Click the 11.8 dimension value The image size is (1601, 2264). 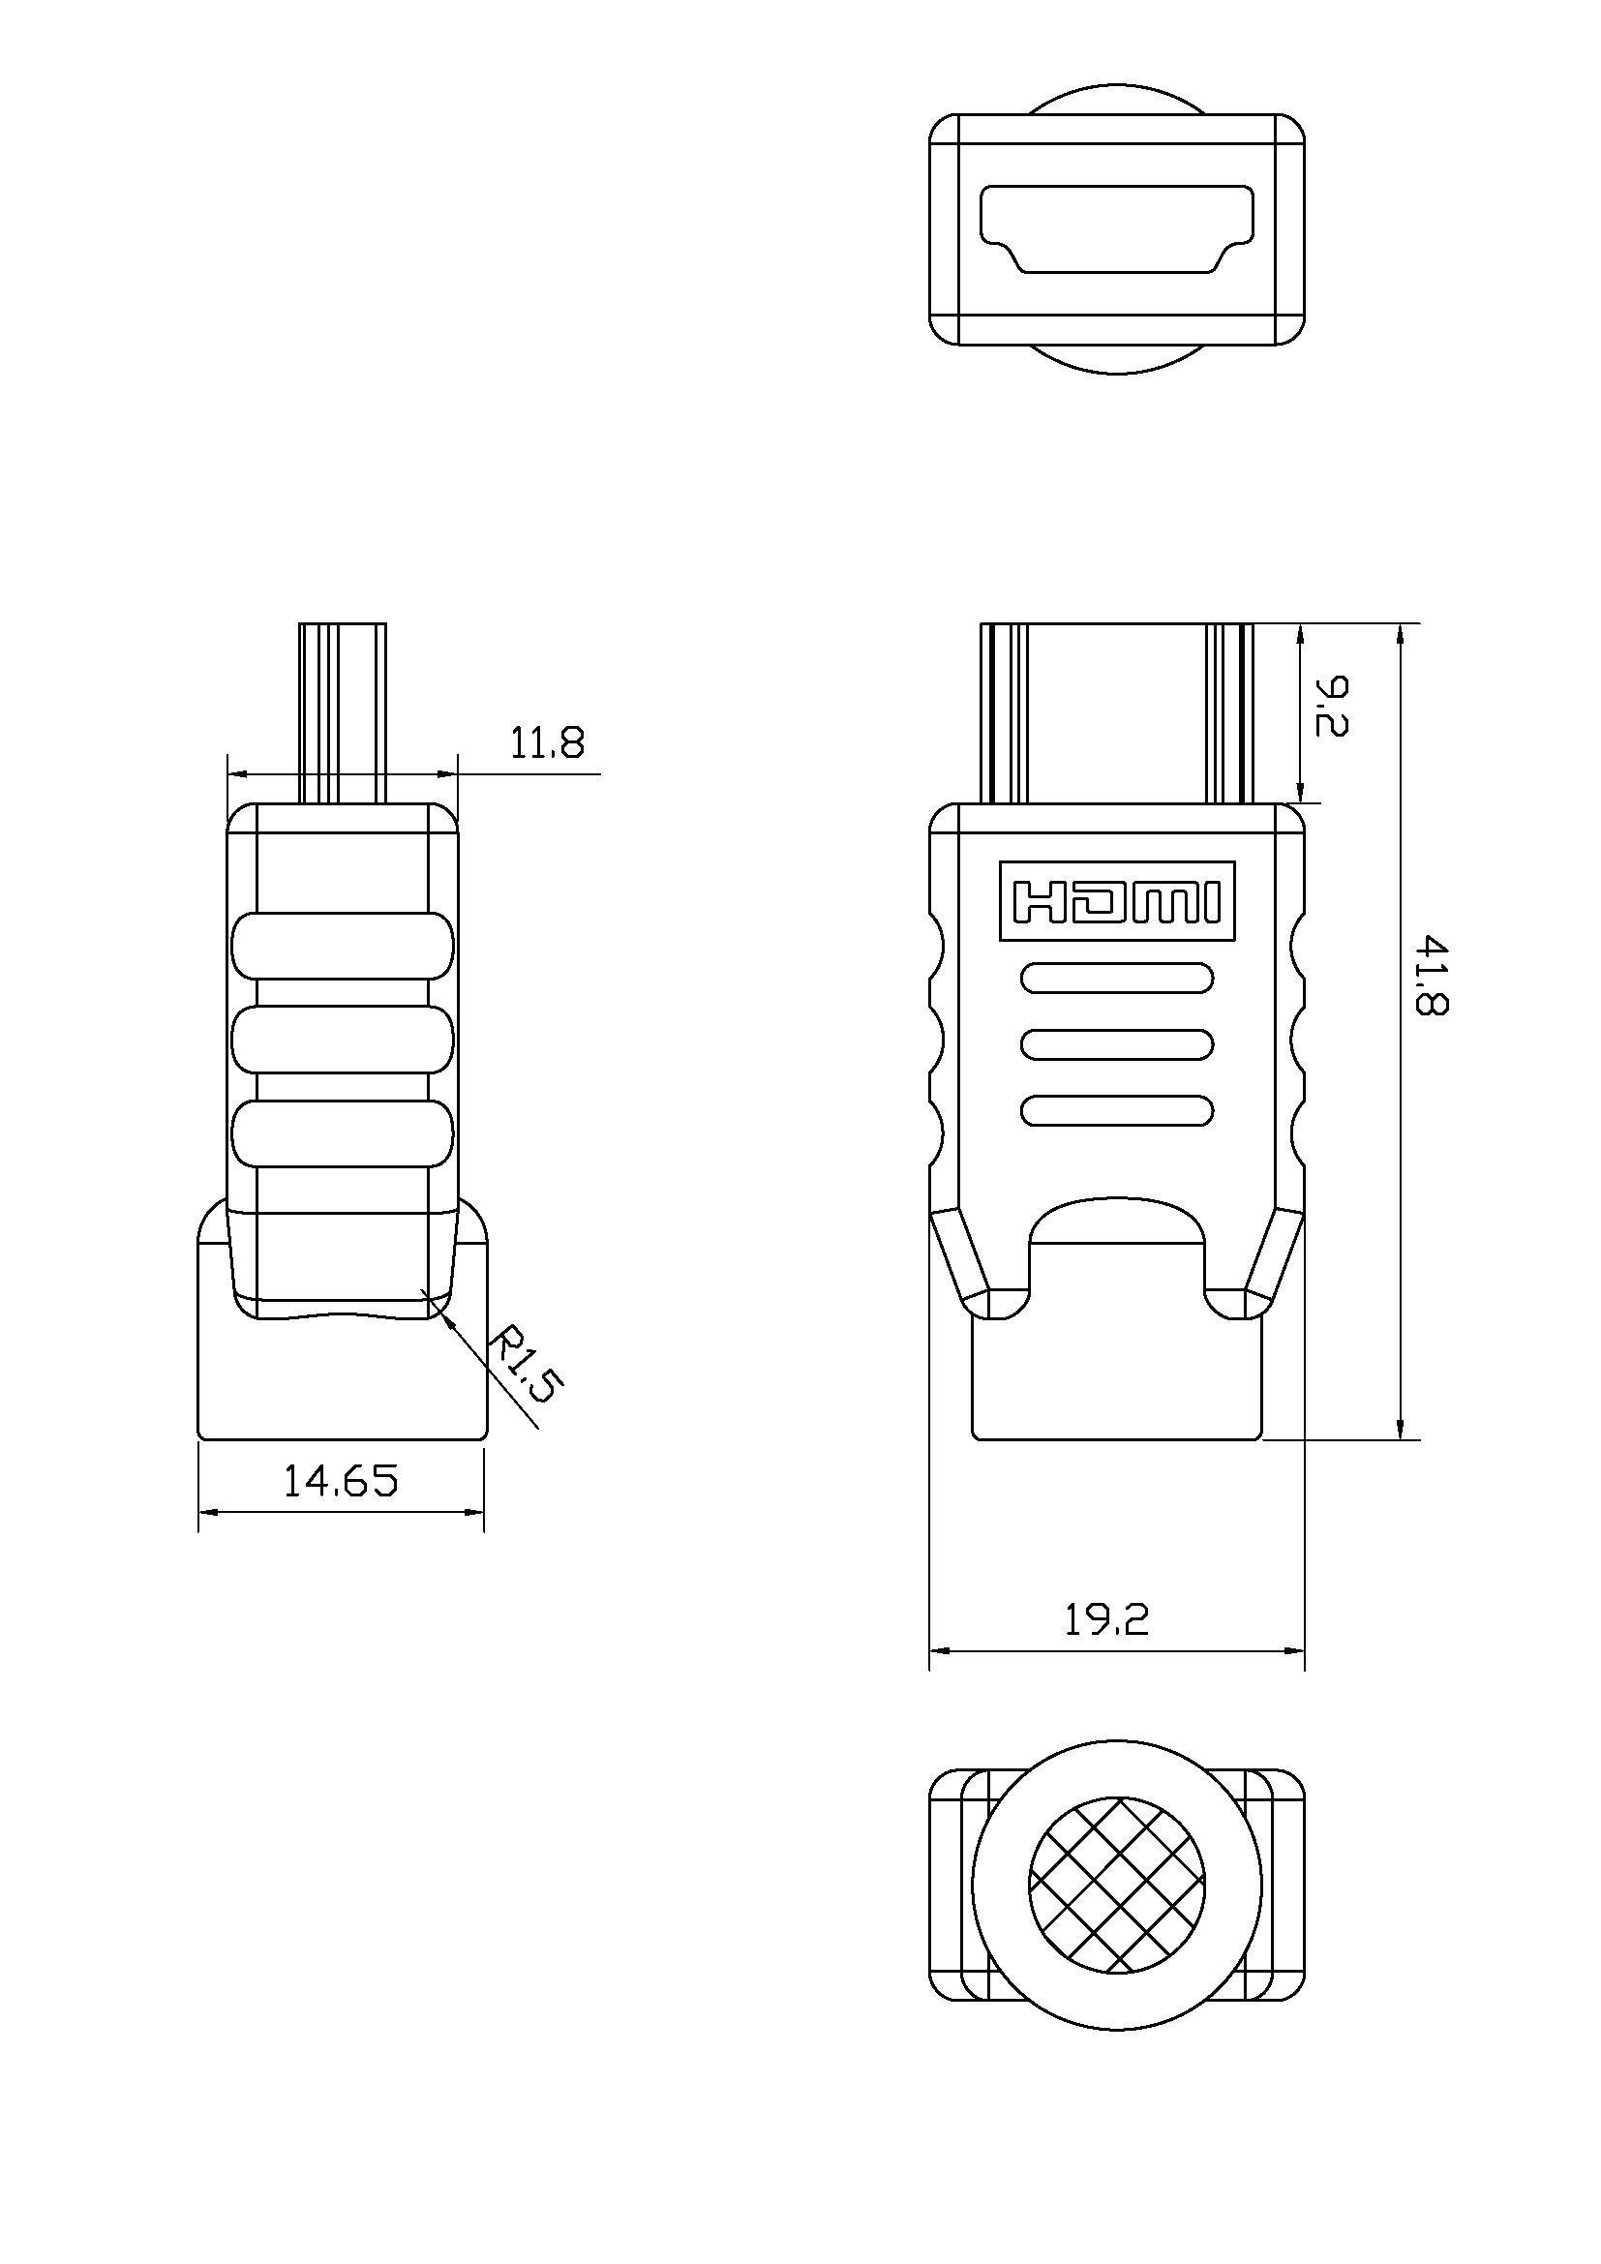(546, 743)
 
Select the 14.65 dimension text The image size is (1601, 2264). (340, 1481)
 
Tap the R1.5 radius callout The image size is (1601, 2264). (526, 1365)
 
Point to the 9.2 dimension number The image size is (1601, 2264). (1331, 706)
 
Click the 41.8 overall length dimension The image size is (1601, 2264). (1432, 976)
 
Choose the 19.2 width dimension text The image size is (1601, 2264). (1106, 1620)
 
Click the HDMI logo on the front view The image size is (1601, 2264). (1117, 901)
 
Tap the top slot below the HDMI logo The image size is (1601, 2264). (1117, 979)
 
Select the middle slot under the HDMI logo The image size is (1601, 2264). (1117, 1044)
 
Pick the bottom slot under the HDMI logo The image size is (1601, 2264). (1117, 1110)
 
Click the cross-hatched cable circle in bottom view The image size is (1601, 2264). (1117, 1885)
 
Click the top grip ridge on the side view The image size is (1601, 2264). (342, 946)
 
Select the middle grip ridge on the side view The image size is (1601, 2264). (342, 1040)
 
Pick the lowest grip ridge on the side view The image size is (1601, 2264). (342, 1133)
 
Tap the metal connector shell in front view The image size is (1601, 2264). (1117, 712)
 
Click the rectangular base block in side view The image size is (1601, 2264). (342, 1380)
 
